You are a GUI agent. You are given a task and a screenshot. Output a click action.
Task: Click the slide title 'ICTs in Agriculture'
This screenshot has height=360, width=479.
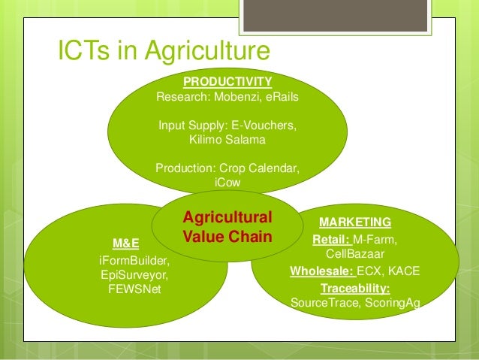pyautogui.click(x=164, y=52)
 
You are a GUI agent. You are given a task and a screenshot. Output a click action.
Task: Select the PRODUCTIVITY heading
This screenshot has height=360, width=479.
pyautogui.click(x=227, y=81)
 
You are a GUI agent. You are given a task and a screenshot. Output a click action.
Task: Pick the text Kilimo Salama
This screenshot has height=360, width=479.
pyautogui.click(x=227, y=139)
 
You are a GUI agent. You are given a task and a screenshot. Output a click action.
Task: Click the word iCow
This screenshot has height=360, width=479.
pyautogui.click(x=227, y=182)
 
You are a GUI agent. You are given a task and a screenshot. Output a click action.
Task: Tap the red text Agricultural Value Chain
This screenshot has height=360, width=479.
pyautogui.click(x=227, y=226)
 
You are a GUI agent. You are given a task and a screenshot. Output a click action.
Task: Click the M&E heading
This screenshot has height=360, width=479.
pyautogui.click(x=125, y=244)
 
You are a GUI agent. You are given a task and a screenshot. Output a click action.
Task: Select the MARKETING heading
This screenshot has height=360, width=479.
pyautogui.click(x=355, y=222)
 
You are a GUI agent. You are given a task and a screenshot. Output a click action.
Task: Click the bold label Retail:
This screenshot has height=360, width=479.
pyautogui.click(x=331, y=240)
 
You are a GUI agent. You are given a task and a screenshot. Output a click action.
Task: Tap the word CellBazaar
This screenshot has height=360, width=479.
pyautogui.click(x=355, y=253)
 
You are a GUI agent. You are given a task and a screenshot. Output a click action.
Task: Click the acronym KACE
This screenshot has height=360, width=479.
pyautogui.click(x=404, y=271)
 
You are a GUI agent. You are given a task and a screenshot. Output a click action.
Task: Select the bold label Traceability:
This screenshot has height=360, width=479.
pyautogui.click(x=355, y=288)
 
